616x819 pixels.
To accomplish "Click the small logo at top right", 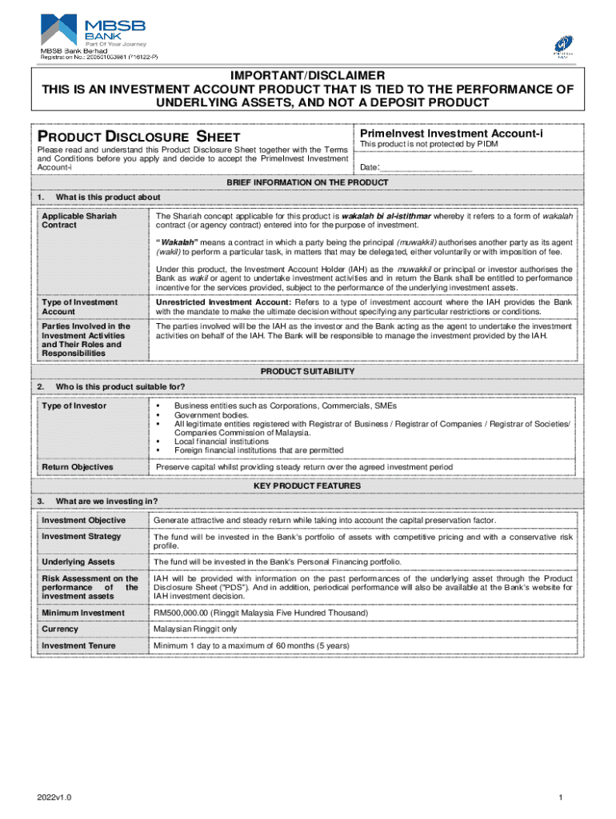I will [x=563, y=46].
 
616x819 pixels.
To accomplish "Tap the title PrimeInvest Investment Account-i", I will [x=451, y=133].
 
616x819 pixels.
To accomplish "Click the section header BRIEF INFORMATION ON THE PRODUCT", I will [x=307, y=182].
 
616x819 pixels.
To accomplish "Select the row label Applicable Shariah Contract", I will [x=68, y=221].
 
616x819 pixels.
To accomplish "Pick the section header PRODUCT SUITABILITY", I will [x=307, y=372].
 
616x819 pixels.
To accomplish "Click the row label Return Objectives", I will [x=78, y=467].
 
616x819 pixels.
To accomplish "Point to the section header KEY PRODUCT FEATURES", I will [x=307, y=485].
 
